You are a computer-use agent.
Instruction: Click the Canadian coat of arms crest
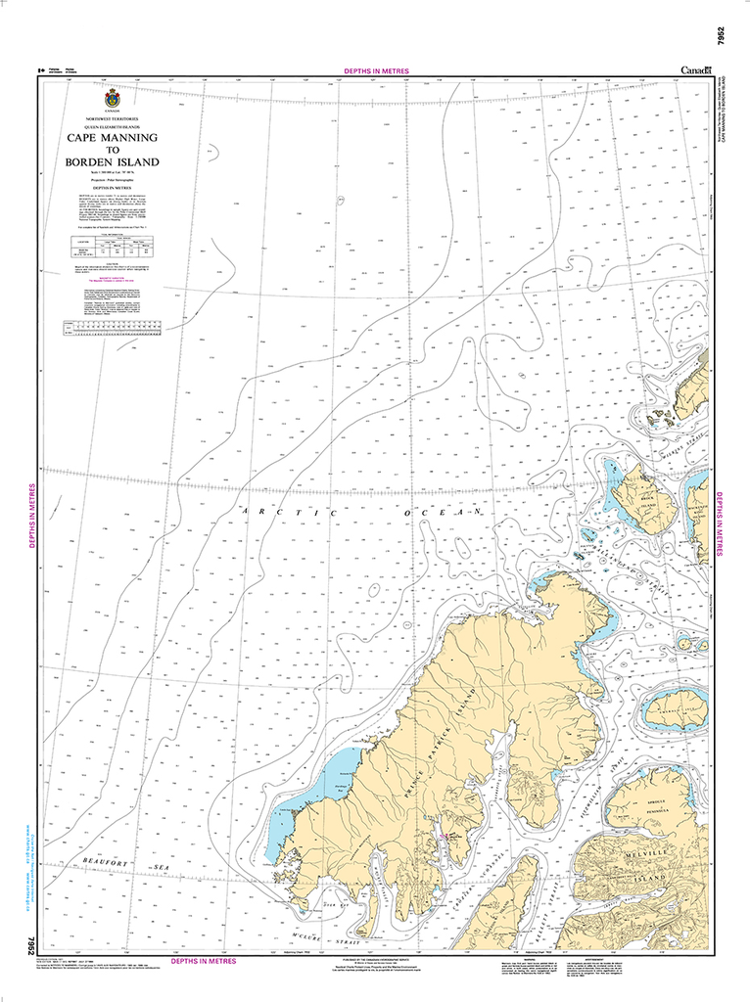(112, 100)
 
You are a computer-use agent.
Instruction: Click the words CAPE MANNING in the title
(112, 138)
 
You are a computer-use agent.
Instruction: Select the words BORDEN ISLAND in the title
(112, 162)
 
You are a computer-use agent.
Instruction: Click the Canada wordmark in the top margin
(697, 69)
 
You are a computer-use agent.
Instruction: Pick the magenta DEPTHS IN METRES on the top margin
(377, 71)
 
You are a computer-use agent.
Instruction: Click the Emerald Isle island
(675, 708)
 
